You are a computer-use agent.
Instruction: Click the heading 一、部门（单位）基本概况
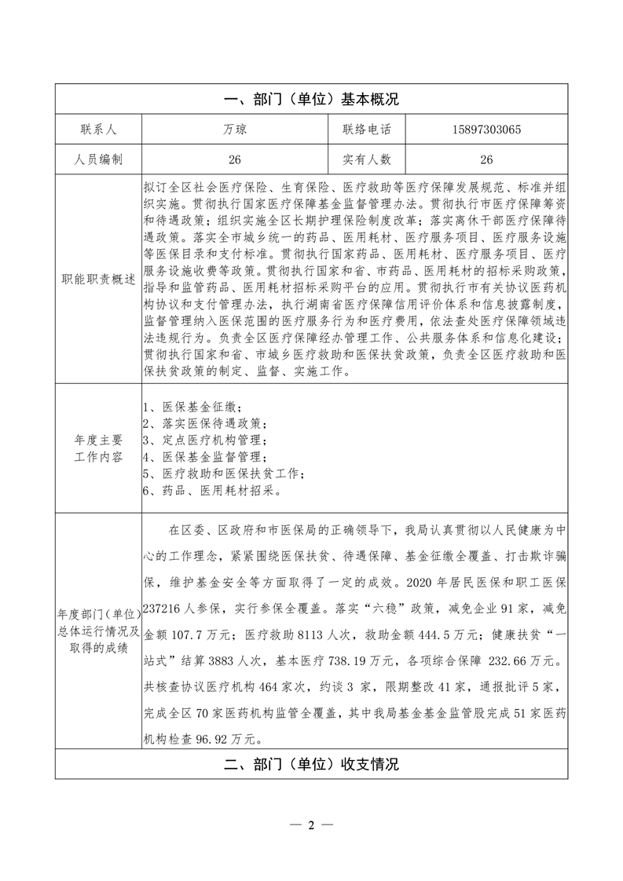point(311,100)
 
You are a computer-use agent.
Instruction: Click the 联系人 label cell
point(97,130)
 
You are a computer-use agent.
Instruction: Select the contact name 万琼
point(233,130)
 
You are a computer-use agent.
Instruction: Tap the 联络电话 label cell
point(366,130)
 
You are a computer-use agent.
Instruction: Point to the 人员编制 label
point(97,159)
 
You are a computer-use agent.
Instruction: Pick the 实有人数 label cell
point(366,159)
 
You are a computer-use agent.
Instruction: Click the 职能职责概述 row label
point(97,280)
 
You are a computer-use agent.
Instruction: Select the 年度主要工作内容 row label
point(97,449)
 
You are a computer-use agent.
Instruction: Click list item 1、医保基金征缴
point(192,408)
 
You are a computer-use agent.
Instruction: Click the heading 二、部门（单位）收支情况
point(311,764)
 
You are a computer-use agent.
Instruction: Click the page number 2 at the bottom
point(311,825)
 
